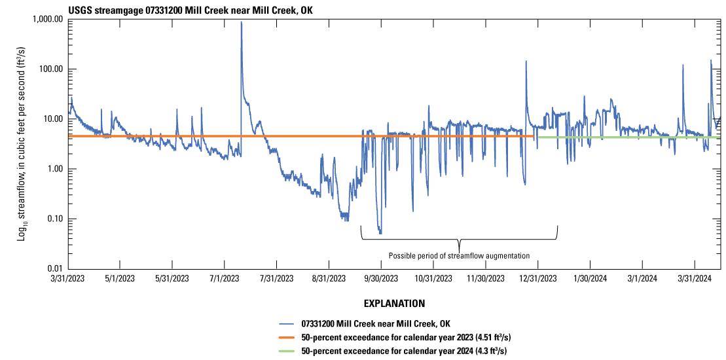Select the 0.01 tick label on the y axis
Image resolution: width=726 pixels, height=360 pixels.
tap(52, 269)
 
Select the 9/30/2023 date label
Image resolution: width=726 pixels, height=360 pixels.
tap(380, 278)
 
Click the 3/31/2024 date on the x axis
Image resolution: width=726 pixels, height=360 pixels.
tap(694, 278)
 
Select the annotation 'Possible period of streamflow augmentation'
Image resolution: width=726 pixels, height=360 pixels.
tap(459, 255)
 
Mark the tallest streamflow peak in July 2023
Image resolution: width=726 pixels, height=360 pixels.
tap(241, 22)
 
